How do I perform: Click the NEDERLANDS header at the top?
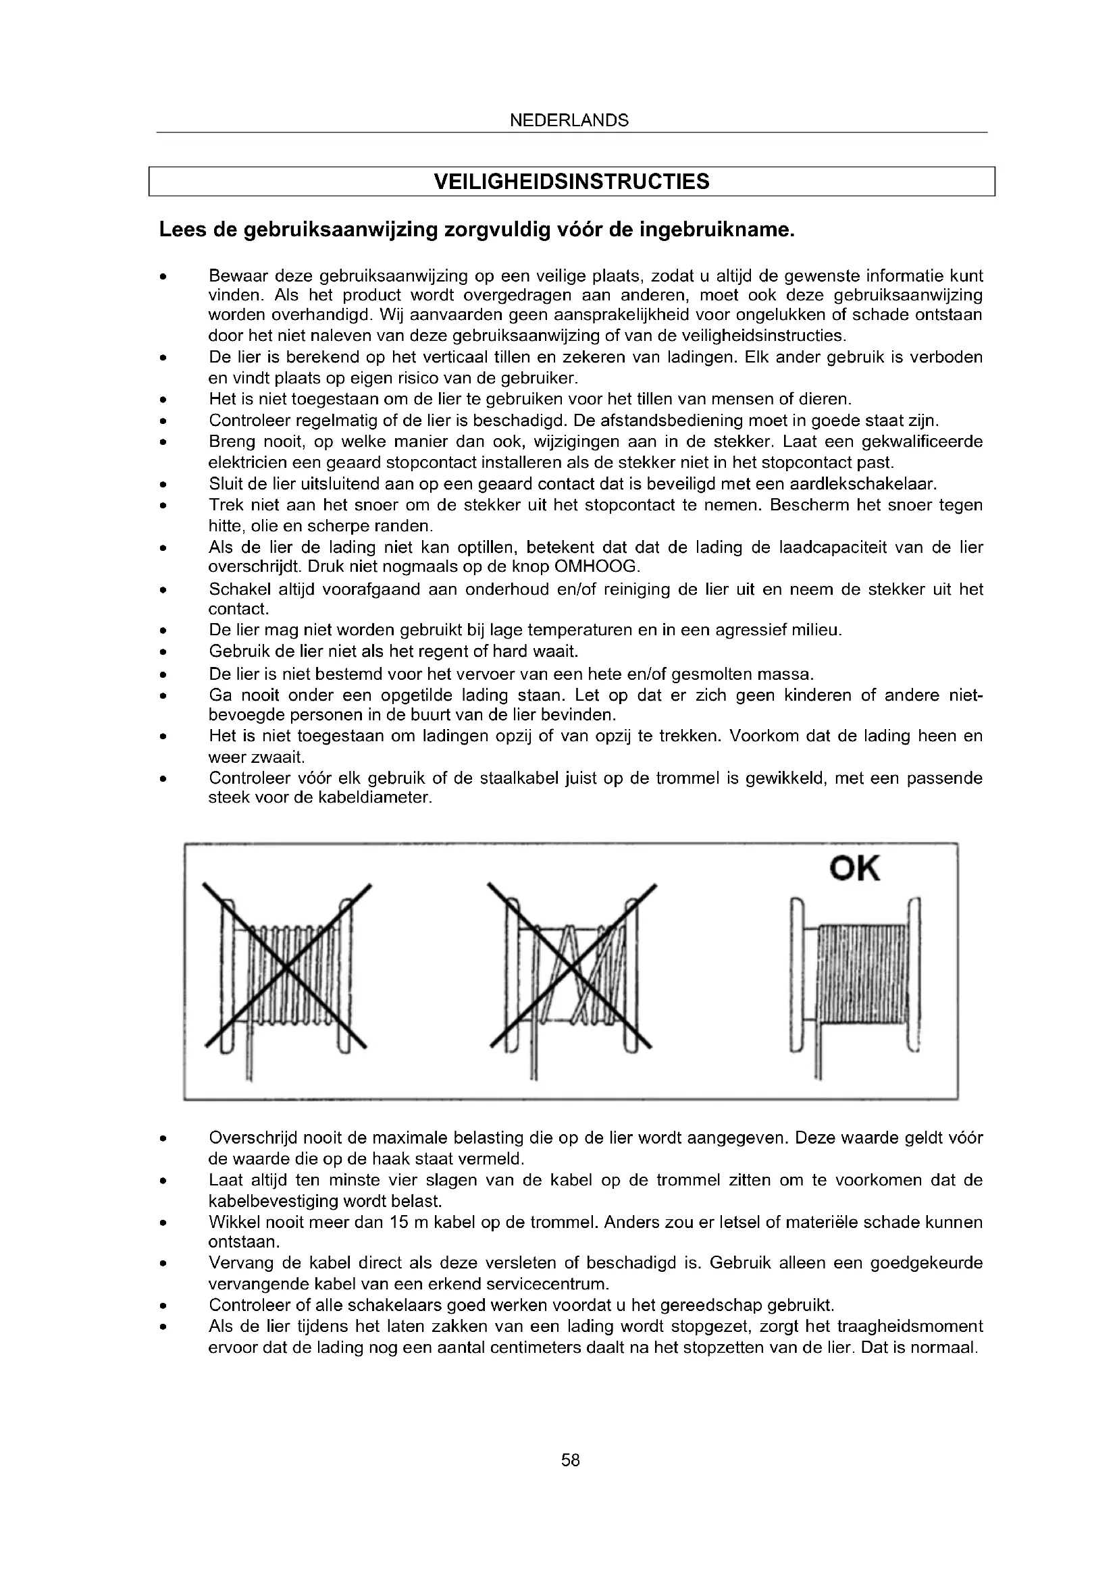coord(569,121)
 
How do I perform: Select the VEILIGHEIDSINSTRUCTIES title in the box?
coord(571,182)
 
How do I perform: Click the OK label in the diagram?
coord(854,870)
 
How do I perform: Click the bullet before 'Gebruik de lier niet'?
coord(162,651)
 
